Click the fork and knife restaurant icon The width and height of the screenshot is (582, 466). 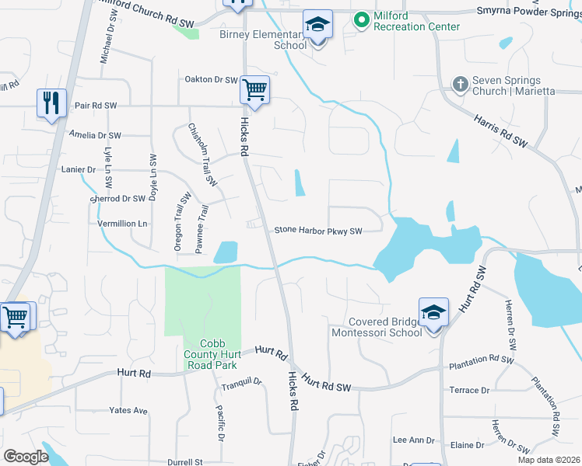click(51, 103)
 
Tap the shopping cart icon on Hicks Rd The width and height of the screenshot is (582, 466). click(254, 89)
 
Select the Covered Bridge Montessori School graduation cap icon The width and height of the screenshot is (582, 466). click(433, 312)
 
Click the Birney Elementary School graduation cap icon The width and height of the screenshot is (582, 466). click(317, 25)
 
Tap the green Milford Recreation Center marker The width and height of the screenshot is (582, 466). click(361, 19)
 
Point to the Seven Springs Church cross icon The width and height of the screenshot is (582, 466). click(460, 83)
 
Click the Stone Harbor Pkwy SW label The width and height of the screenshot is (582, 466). click(318, 231)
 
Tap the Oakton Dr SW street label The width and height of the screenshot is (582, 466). click(210, 79)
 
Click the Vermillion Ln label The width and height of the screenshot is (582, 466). click(121, 224)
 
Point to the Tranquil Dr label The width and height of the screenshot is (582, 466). click(241, 381)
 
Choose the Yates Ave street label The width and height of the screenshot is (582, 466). click(128, 410)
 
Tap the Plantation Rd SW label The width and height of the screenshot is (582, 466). click(481, 361)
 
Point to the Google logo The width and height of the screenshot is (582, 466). click(26, 457)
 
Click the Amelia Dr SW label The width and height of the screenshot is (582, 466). click(95, 135)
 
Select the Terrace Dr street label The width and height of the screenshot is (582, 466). click(469, 390)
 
